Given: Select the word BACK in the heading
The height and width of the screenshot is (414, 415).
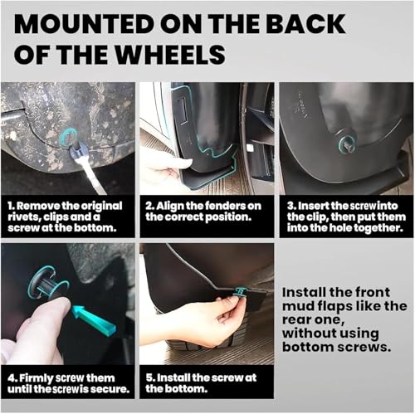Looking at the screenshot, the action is point(305,24).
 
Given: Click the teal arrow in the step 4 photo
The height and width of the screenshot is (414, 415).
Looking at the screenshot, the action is point(93,319).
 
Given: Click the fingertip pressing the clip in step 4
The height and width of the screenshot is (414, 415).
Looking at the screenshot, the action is point(61,304).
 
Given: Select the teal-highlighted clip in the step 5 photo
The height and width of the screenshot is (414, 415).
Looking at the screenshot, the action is point(240,291).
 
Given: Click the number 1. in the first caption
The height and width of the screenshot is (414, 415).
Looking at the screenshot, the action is point(11,206).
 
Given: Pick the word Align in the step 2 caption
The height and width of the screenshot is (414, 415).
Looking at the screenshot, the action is point(168,206).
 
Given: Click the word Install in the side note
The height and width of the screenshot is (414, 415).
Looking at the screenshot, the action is point(300,292).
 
